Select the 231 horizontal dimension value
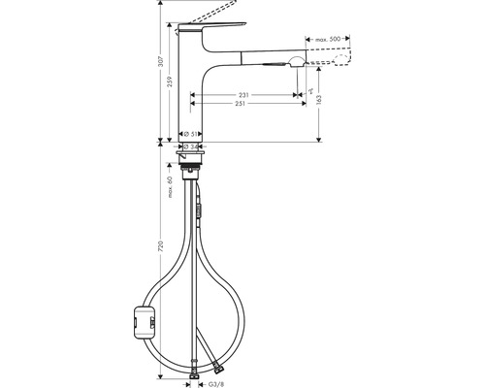242,93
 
